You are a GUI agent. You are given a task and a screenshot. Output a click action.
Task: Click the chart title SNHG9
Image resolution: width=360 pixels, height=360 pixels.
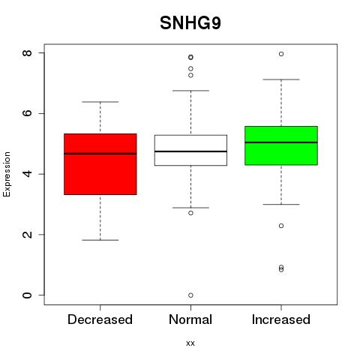click(190, 23)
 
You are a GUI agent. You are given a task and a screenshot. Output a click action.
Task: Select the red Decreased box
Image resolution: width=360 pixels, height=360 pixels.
click(100, 164)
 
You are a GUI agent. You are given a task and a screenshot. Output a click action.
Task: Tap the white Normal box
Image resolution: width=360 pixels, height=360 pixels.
click(190, 150)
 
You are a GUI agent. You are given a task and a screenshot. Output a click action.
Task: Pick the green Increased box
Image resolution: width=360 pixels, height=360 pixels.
click(281, 145)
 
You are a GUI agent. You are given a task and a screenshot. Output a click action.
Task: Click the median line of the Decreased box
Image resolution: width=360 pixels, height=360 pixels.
click(100, 154)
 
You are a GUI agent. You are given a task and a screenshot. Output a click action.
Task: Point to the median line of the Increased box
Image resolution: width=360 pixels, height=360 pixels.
click(281, 142)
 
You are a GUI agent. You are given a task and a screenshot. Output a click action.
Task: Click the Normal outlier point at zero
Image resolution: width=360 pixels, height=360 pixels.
click(190, 295)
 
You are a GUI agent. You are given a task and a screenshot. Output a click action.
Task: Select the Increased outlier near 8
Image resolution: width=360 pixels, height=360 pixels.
click(281, 54)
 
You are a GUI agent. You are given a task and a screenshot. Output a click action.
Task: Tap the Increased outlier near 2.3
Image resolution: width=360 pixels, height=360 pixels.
click(281, 226)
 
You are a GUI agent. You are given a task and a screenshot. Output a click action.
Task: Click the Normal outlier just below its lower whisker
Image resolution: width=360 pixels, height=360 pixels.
click(190, 213)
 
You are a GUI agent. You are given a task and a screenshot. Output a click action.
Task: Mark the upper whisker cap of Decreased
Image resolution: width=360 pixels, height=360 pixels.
click(100, 102)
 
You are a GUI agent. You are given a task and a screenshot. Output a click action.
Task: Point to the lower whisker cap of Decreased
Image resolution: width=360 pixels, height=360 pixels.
click(100, 240)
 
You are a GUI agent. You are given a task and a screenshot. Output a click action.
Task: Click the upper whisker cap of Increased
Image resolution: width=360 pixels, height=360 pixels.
click(281, 79)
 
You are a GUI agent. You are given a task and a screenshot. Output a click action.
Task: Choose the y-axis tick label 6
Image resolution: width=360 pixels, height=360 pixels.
click(27, 113)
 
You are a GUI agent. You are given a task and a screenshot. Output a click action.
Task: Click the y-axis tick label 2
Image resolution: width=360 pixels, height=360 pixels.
click(27, 235)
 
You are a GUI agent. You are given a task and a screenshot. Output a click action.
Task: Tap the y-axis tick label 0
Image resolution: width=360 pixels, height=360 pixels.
click(27, 295)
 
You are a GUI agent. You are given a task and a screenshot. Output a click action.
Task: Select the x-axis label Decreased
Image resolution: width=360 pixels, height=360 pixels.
click(100, 319)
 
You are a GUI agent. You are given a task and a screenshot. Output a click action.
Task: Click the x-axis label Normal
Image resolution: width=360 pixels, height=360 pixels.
click(190, 319)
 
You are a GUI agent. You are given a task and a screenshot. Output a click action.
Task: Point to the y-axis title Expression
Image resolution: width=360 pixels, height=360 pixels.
click(7, 174)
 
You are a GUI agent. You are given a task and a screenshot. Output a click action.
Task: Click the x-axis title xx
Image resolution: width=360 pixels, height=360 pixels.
click(190, 343)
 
